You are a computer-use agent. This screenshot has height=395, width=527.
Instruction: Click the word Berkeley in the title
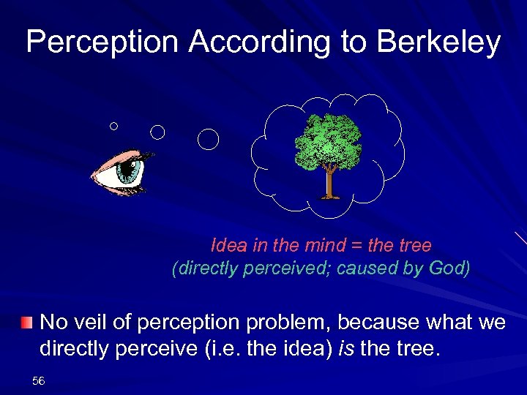point(438,42)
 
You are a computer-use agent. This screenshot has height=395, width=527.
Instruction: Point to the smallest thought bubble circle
point(113,126)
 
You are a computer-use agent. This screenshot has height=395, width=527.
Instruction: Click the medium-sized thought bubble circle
point(157,132)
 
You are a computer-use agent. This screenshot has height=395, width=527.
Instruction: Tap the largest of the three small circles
point(209,139)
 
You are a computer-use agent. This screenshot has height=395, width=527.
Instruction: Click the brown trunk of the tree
point(330,183)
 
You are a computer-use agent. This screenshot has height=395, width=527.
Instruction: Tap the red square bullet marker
point(26,323)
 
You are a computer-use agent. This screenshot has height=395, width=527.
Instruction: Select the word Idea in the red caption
point(227,244)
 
